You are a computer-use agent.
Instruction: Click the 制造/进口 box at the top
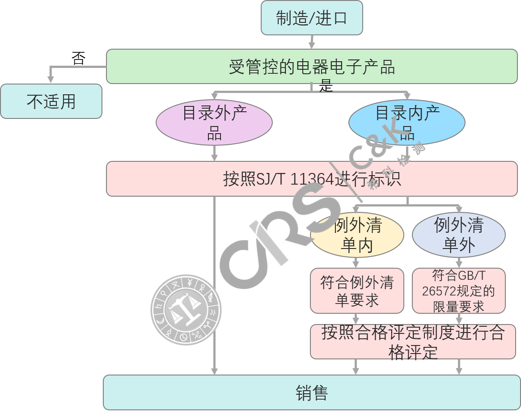point(312,18)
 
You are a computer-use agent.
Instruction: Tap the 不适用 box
point(51,101)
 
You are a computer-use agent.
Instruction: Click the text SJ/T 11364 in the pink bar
point(295,179)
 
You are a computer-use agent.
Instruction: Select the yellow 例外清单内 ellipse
point(357,235)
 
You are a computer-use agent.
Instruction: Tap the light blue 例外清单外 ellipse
point(458,235)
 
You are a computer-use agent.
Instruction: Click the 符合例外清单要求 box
point(357,291)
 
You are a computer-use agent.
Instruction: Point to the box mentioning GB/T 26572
point(458,291)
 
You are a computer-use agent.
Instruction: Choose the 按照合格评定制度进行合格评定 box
point(413,342)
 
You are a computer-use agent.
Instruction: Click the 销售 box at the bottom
point(312,392)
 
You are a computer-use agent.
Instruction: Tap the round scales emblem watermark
point(186,310)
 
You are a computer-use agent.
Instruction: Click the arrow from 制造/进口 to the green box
point(312,42)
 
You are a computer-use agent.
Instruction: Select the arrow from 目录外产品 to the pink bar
point(214,153)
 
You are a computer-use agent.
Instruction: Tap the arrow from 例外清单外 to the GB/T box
point(458,263)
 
